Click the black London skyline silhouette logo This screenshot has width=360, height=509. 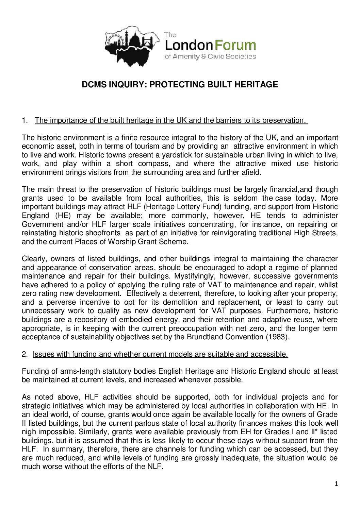pyautogui.click(x=131, y=46)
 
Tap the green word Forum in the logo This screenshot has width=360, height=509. pyautogui.click(x=235, y=45)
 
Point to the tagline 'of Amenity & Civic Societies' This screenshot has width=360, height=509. pyautogui.click(x=210, y=56)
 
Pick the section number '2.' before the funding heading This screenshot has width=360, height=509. pyautogui.click(x=24, y=354)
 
